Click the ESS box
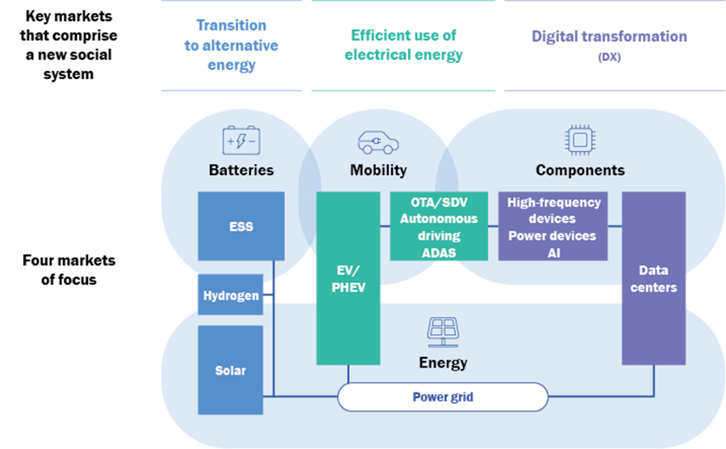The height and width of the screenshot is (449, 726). [x=241, y=226]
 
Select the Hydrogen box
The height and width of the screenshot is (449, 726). [x=231, y=295]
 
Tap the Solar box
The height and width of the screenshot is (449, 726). [x=231, y=371]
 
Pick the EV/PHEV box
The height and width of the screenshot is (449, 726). [x=348, y=278]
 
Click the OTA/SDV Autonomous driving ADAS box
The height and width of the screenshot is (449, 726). [x=439, y=226]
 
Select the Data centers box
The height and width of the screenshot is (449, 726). [x=653, y=278]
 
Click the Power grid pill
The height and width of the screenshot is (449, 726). [x=442, y=397]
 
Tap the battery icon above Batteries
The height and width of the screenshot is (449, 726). [x=241, y=140]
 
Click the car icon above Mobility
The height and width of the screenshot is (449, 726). [x=378, y=141]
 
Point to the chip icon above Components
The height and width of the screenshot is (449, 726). [x=579, y=140]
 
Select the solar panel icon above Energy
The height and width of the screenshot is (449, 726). [x=442, y=331]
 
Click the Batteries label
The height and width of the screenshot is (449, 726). [x=241, y=170]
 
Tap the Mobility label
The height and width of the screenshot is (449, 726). [x=378, y=170]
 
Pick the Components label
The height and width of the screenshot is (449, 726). [x=580, y=170]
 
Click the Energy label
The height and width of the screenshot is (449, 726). [x=443, y=363]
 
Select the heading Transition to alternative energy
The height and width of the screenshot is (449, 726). [x=232, y=45]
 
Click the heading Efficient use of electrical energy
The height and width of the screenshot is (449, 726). [x=403, y=45]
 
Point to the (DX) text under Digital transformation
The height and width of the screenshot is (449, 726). [x=609, y=57]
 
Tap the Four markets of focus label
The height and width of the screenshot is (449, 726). [x=69, y=270]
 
